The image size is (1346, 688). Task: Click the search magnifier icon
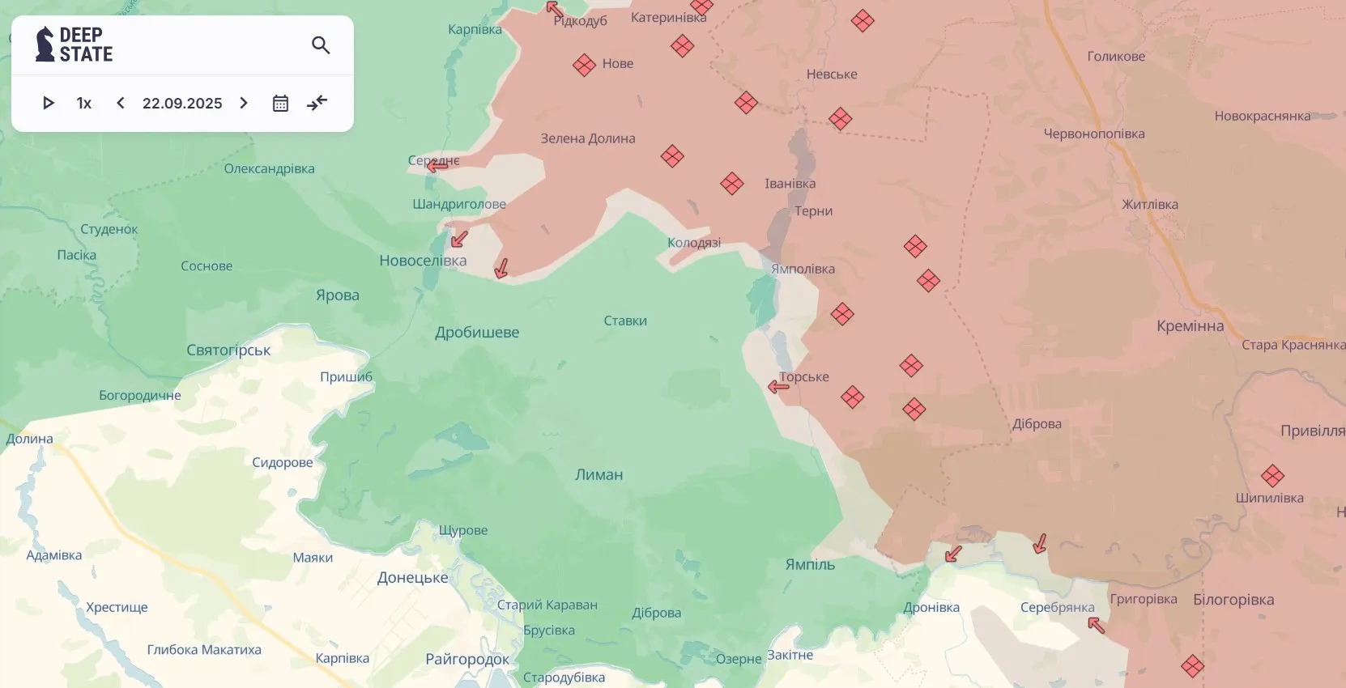coord(321,45)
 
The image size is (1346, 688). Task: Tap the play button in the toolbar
coord(49,103)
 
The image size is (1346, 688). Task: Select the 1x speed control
coord(84,103)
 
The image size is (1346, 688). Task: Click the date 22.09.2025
coord(182,103)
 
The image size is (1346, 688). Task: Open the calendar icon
coord(280,103)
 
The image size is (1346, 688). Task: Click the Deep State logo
coord(74,45)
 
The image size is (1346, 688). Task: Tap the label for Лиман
coord(598,475)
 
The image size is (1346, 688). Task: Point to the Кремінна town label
coord(1190,326)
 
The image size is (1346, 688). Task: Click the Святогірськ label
coord(228,350)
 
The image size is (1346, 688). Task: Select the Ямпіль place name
coord(810,565)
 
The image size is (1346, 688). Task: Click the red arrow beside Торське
coord(778,387)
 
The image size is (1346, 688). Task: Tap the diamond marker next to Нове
coord(584,65)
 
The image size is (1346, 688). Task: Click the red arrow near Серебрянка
coord(1096,624)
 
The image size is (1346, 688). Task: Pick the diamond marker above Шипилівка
coord(1272,476)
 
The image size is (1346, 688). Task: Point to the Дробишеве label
coord(477,333)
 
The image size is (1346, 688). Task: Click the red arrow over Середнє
coord(437,166)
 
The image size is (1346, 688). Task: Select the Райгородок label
coord(467,660)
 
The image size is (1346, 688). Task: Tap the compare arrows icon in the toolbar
coord(317,103)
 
